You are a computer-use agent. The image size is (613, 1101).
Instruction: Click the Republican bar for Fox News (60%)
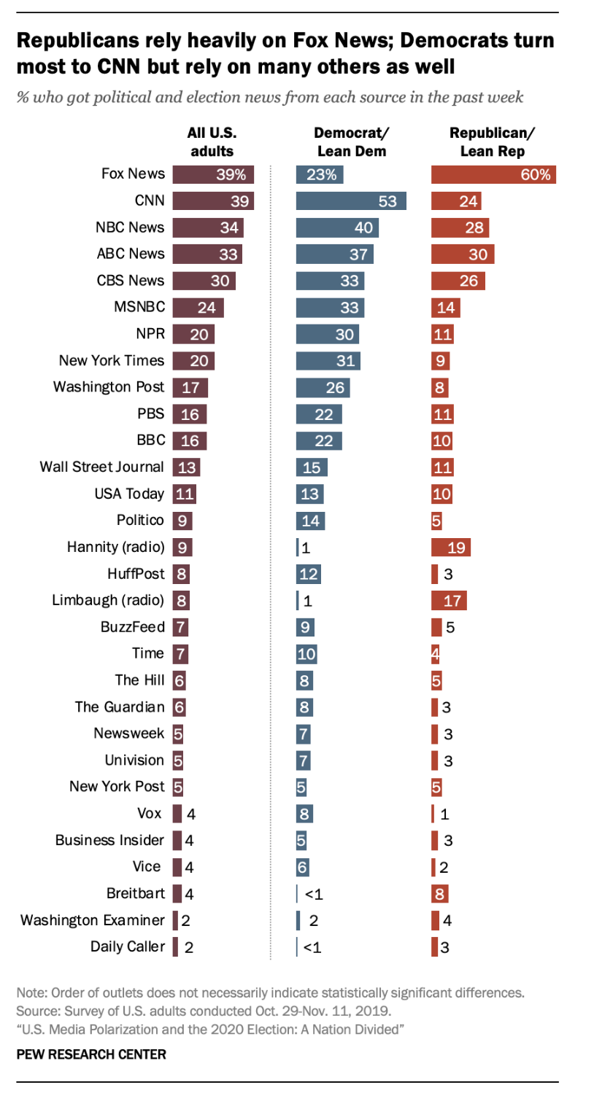tap(494, 174)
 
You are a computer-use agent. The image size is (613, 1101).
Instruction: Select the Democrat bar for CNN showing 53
tap(350, 201)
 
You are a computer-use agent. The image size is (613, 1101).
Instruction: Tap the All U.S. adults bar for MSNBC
tap(198, 307)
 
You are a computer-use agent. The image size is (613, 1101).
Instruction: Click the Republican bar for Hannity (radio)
tap(451, 547)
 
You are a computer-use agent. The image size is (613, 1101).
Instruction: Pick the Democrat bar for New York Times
tap(328, 361)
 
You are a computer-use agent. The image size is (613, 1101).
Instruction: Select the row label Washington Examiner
tap(93, 920)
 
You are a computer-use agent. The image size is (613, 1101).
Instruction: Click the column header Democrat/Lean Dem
tap(351, 141)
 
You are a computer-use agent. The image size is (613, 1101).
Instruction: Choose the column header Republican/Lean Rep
tap(492, 141)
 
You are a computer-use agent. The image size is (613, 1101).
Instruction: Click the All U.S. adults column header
tap(212, 141)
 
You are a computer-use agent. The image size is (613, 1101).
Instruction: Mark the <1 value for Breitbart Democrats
tap(313, 894)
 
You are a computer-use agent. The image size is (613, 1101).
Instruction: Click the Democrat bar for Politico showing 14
tap(310, 521)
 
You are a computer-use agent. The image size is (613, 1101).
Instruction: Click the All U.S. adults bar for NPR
tap(193, 334)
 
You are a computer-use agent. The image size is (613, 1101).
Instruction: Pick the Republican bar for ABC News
tap(463, 254)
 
